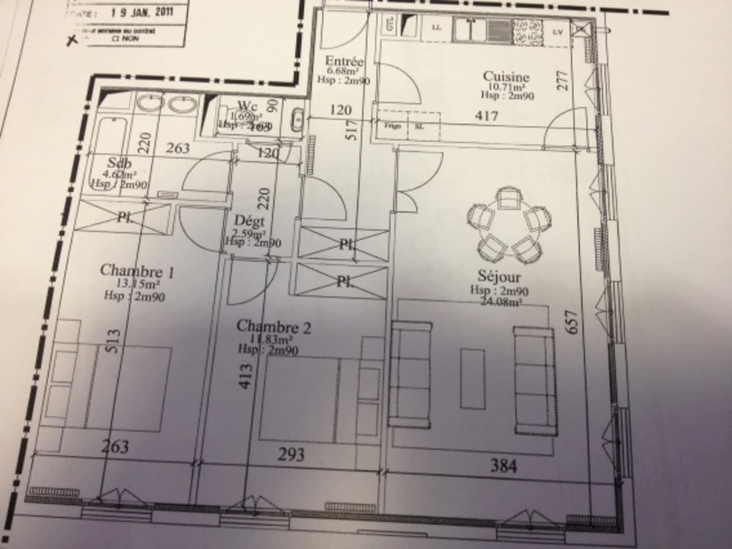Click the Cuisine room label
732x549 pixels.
coord(506,77)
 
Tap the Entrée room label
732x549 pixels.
coord(344,62)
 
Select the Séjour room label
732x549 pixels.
coord(499,276)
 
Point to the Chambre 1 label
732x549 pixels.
coord(137,271)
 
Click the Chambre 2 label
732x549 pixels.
coord(273,327)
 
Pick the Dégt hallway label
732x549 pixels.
coord(249,221)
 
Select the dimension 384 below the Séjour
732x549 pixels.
coord(503,465)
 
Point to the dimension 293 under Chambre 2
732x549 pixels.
coord(291,454)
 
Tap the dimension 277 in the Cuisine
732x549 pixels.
coord(563,81)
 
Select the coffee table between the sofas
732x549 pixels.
coord(473,379)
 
